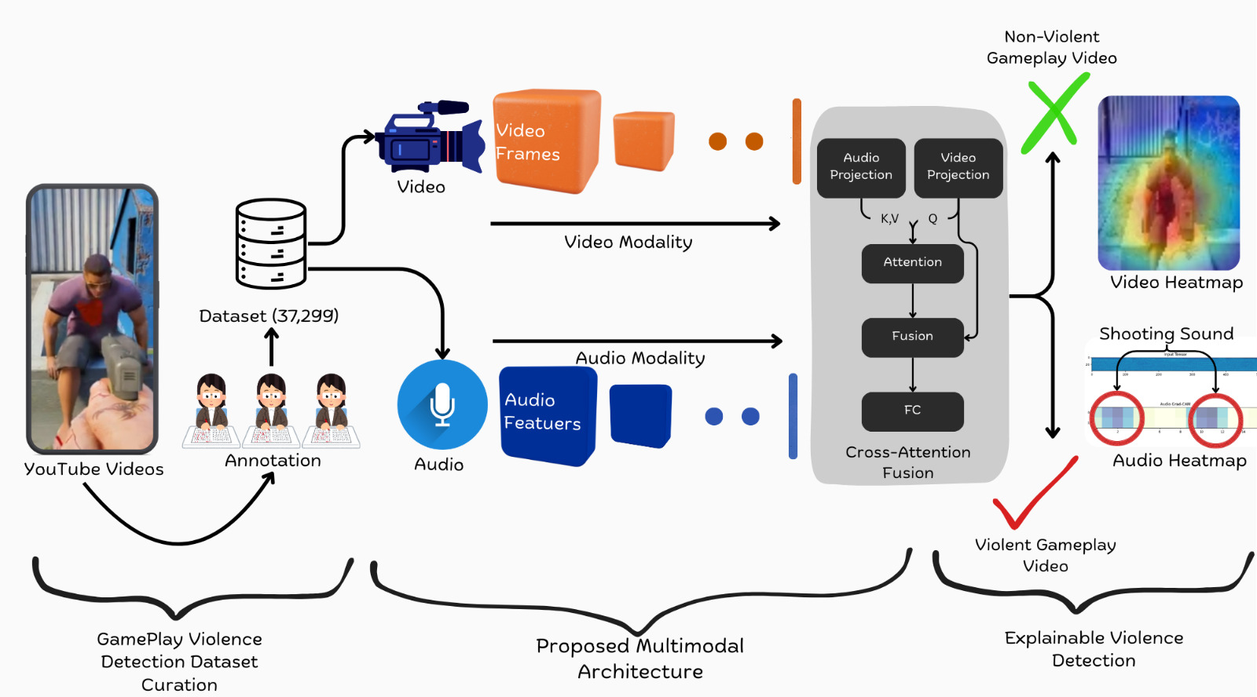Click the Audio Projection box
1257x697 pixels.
(861, 167)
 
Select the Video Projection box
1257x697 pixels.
(958, 167)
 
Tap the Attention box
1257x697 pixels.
(912, 263)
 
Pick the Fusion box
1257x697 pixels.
(912, 337)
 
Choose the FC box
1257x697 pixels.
(912, 411)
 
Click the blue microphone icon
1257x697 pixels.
(442, 405)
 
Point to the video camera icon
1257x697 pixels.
(429, 137)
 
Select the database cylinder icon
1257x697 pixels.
(271, 243)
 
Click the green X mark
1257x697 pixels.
(1054, 113)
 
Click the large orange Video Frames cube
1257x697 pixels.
(546, 140)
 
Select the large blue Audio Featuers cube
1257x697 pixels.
(548, 414)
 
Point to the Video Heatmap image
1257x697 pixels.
(1168, 183)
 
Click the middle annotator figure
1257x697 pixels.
(271, 408)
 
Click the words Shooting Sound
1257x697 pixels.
(1166, 334)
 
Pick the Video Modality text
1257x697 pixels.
(628, 243)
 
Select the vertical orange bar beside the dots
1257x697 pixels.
(797, 141)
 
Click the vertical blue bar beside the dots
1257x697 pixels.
(793, 415)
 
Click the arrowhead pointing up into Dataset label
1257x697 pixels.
(272, 333)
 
